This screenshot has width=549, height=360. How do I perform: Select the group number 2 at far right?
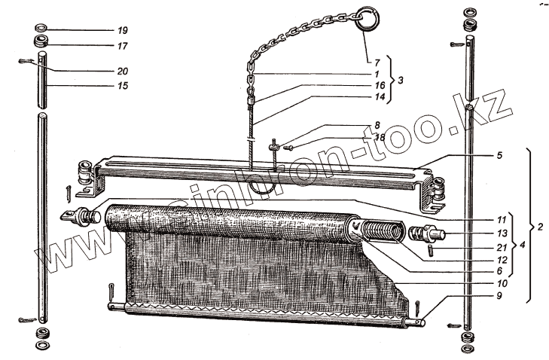(538, 225)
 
